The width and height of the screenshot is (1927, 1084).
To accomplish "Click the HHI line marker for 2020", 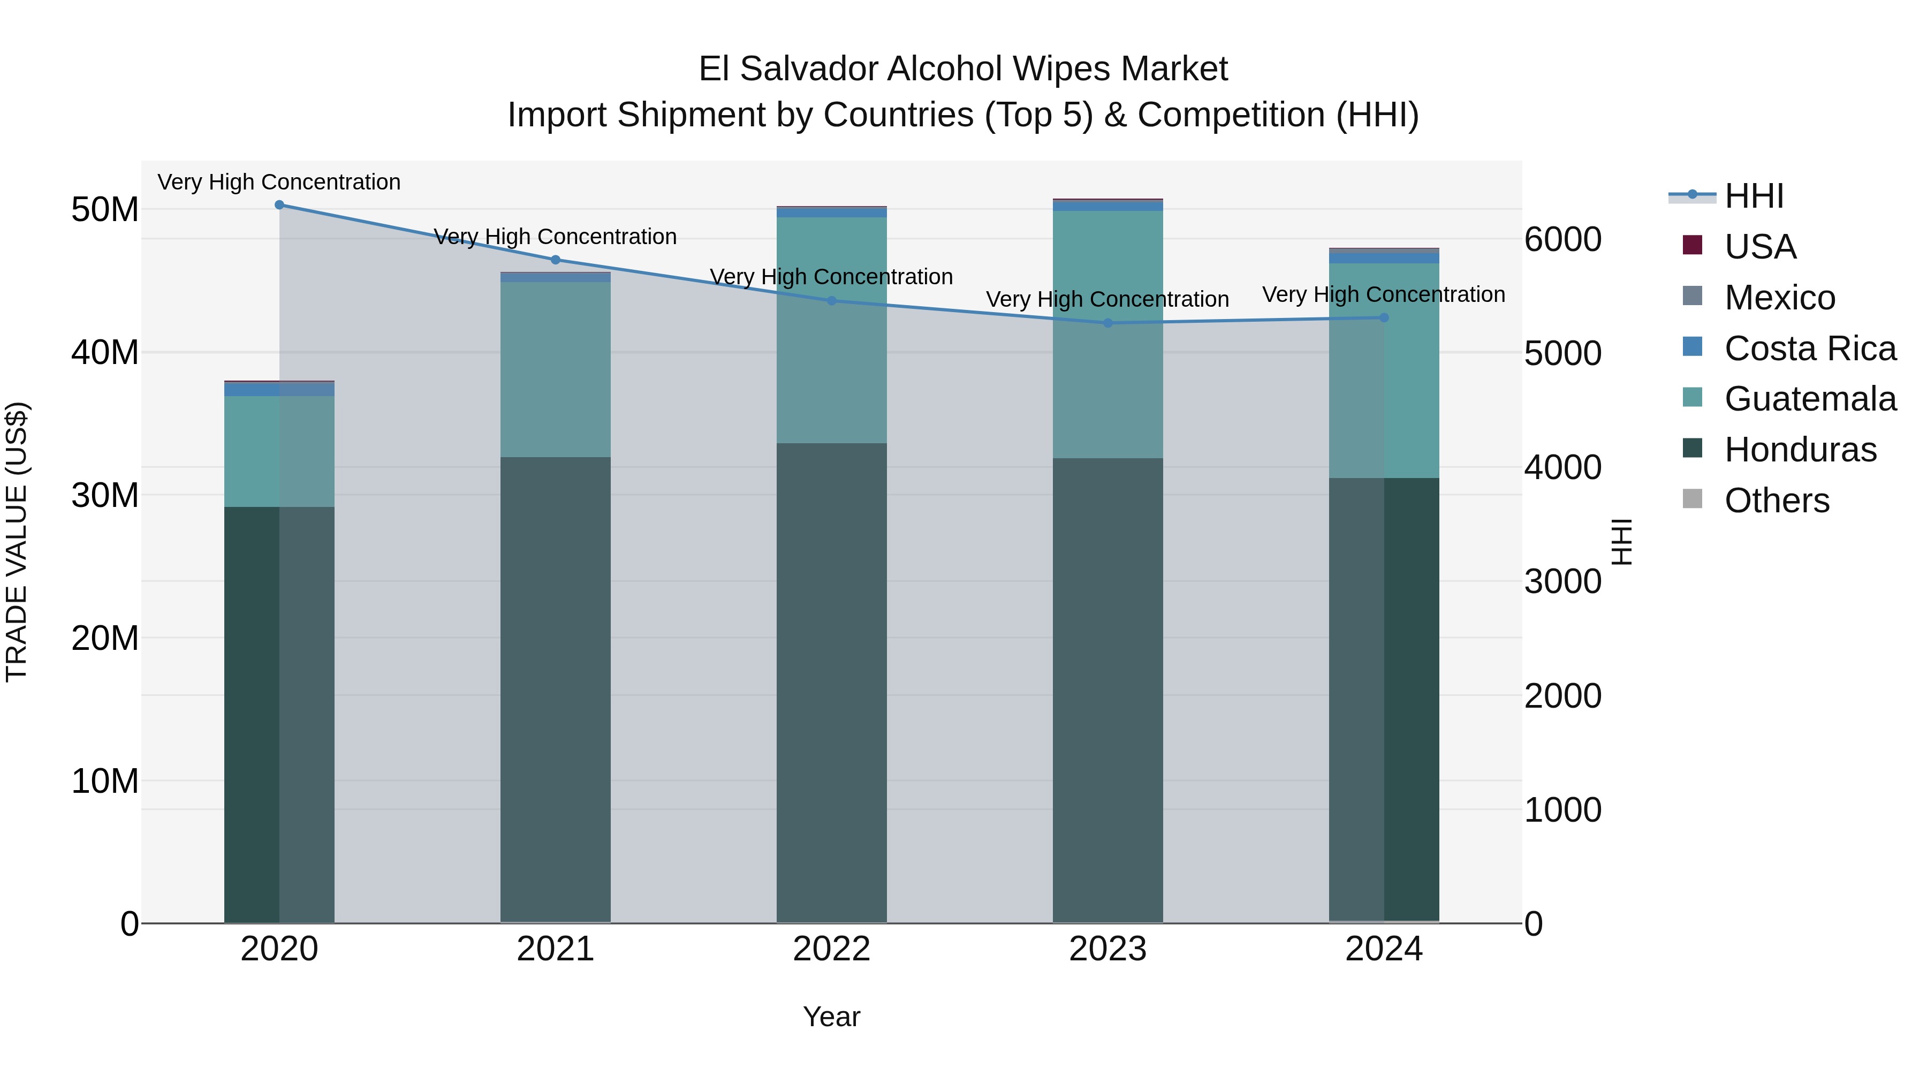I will (x=279, y=204).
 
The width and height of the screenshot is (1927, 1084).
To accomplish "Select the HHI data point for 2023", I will (x=1108, y=323).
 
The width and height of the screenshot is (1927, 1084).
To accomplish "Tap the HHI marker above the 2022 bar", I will (x=831, y=301).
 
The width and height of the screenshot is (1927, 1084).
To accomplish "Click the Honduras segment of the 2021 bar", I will (x=555, y=688).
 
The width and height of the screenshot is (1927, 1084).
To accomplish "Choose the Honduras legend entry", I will (x=1800, y=450).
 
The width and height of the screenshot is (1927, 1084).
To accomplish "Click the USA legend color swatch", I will (x=1692, y=245).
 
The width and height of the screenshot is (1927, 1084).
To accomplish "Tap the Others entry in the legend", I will (x=1777, y=501).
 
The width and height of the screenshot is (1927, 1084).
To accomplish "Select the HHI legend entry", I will (x=1754, y=196).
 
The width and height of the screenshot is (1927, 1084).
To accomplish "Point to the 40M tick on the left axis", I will (x=105, y=352).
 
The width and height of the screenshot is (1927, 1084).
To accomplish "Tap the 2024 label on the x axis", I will (x=1383, y=949).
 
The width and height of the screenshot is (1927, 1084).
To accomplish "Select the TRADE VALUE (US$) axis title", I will (x=17, y=542).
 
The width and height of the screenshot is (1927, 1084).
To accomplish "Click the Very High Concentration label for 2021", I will (x=555, y=237).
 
